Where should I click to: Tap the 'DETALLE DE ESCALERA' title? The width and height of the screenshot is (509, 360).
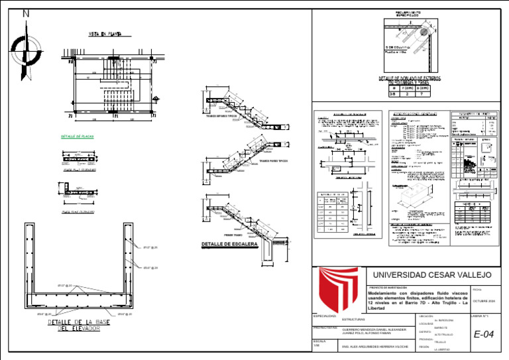(229, 245)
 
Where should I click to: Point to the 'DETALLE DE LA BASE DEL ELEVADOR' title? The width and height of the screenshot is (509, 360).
(80, 325)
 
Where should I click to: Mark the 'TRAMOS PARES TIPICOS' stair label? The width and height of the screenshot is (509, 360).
(273, 161)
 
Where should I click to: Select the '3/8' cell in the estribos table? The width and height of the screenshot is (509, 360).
(392, 93)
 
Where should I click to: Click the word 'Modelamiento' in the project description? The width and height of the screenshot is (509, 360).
(383, 292)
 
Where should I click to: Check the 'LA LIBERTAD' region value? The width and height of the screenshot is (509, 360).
(442, 349)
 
